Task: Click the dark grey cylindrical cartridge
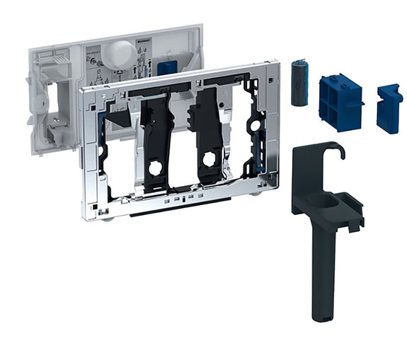(299, 83)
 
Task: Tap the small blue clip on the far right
(389, 108)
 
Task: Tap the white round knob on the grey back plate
(122, 51)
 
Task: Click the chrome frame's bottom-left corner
(88, 213)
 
